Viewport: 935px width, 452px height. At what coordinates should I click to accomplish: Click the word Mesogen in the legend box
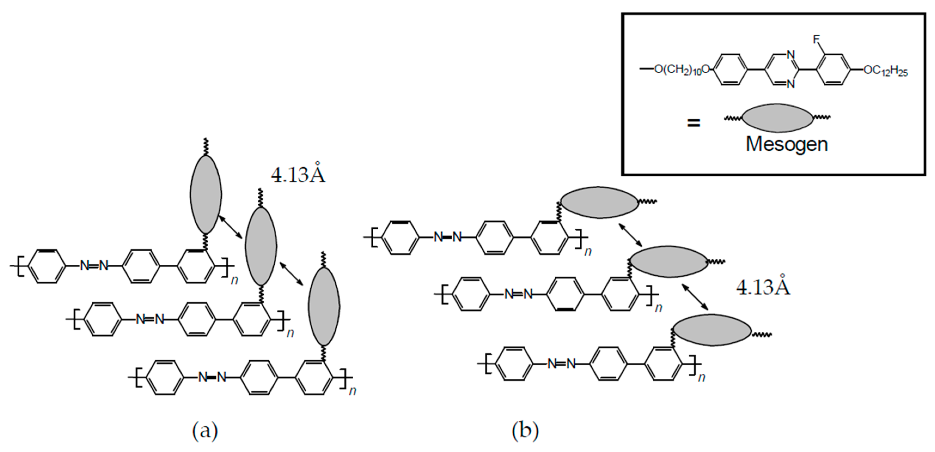(x=787, y=144)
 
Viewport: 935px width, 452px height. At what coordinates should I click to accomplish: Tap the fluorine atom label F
(x=817, y=40)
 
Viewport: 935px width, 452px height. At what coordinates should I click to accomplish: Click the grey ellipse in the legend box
(x=777, y=117)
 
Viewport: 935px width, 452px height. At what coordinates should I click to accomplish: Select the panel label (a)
(x=205, y=431)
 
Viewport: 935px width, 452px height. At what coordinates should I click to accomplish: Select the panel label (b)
(x=525, y=431)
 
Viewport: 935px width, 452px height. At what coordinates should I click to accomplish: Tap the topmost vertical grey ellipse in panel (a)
(x=206, y=194)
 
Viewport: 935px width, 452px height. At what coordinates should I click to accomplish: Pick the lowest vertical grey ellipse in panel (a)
(x=324, y=306)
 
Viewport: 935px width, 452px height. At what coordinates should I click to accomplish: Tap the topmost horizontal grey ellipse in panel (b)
(x=599, y=202)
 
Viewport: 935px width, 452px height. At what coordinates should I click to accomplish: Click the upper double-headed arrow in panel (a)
(x=230, y=227)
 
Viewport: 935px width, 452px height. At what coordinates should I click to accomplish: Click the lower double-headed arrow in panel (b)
(x=695, y=297)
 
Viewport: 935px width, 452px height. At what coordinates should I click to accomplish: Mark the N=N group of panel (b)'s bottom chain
(x=561, y=363)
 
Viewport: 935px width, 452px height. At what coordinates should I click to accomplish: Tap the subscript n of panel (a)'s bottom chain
(x=352, y=391)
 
